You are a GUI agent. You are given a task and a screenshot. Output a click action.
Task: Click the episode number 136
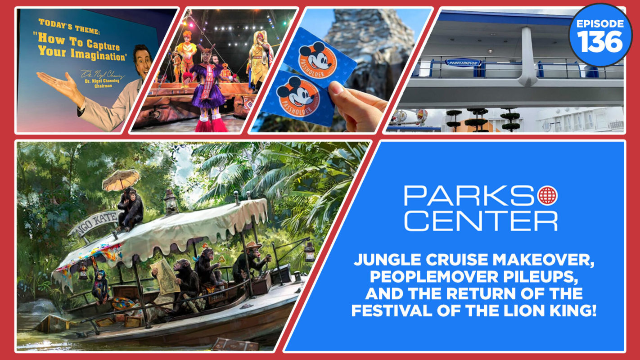[600, 42]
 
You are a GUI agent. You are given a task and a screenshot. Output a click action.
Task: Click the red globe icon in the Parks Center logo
[547, 195]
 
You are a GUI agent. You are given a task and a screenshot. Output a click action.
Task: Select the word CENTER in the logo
[480, 221]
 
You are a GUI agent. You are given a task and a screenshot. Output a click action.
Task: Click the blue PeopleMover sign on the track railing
[464, 63]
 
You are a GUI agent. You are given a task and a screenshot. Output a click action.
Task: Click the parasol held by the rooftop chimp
[121, 180]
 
